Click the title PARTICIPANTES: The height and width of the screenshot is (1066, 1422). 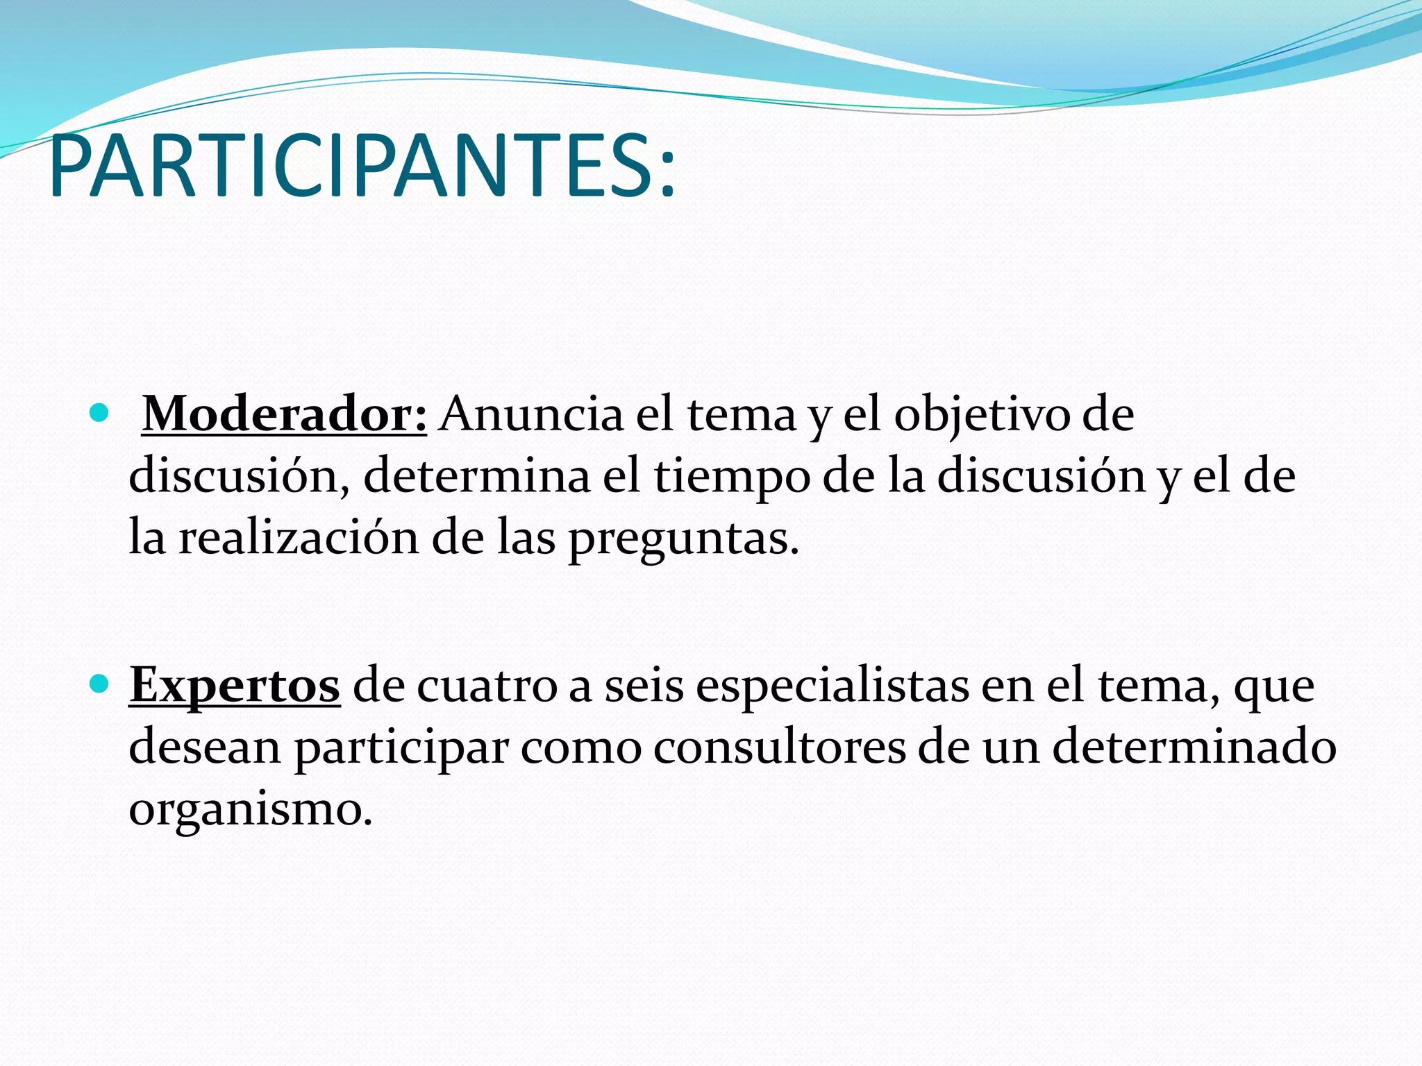click(x=362, y=167)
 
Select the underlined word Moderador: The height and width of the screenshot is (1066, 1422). click(x=284, y=414)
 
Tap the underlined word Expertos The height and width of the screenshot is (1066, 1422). click(x=235, y=685)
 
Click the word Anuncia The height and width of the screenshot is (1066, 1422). click(x=532, y=414)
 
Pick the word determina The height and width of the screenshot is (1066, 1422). click(x=476, y=477)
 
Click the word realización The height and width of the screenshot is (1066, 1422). click(x=299, y=538)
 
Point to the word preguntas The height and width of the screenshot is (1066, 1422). click(x=683, y=541)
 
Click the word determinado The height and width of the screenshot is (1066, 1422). click(x=1194, y=747)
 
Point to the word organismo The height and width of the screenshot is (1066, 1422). click(x=251, y=811)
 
